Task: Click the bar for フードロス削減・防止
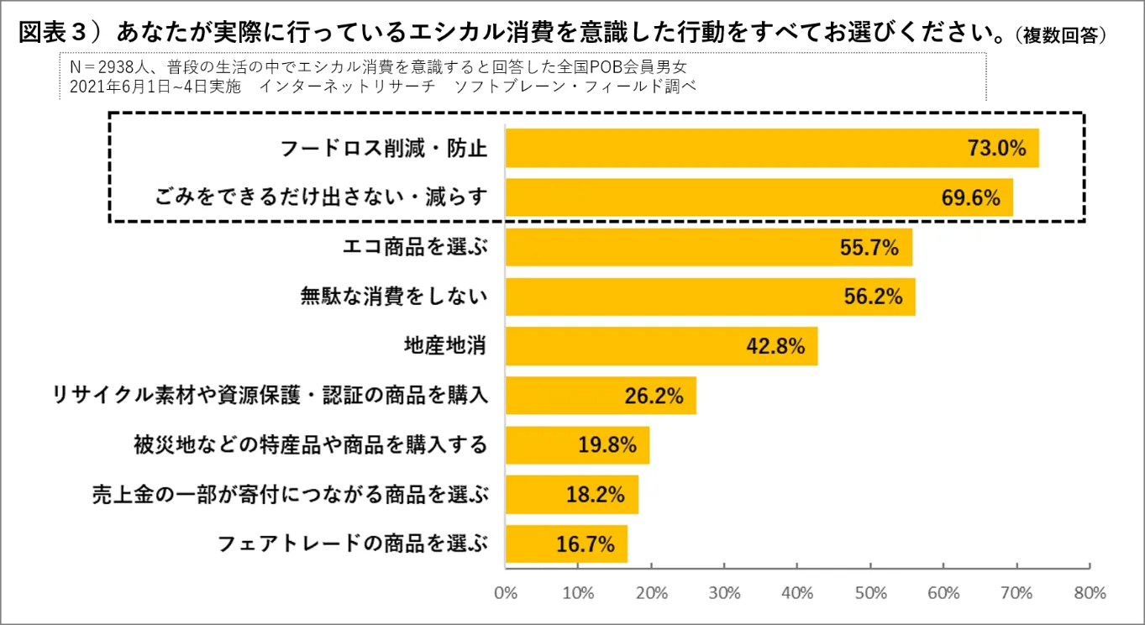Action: [771, 149]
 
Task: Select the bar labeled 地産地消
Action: [661, 346]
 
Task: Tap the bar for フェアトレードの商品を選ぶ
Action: [566, 544]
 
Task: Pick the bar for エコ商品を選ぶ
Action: [708, 247]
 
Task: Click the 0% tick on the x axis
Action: [506, 592]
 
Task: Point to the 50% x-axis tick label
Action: [871, 592]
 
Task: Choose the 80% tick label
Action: [1090, 592]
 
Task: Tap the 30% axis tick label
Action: [725, 592]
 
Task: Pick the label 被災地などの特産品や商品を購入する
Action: [311, 444]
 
